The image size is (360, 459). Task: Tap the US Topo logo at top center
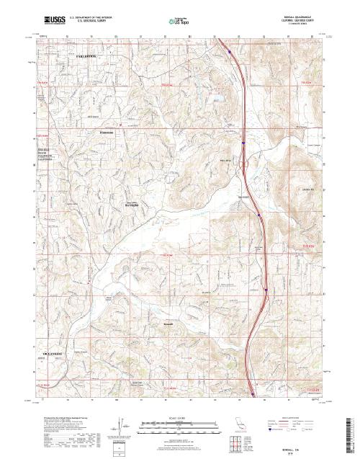178,22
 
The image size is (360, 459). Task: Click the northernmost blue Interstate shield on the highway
229,51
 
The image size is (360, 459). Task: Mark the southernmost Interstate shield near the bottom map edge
253,393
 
